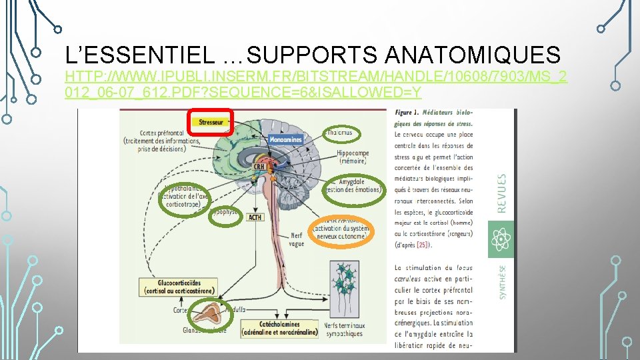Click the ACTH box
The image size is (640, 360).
click(255, 217)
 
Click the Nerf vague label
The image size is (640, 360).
click(297, 239)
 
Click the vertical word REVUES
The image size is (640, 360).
click(501, 193)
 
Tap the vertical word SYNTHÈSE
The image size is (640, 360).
click(501, 281)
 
